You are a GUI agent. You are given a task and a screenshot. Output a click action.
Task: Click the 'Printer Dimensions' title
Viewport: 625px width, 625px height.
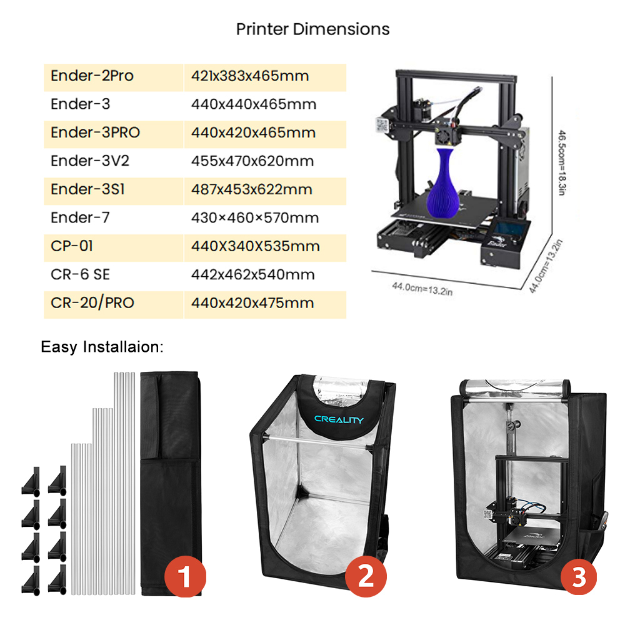pos(312,29)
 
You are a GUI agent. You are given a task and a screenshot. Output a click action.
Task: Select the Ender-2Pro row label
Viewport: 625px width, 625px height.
pos(92,76)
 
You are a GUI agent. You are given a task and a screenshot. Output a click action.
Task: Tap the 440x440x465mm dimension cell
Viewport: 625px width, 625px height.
pos(253,104)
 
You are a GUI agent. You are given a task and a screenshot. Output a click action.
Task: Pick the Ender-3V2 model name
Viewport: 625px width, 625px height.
pos(90,161)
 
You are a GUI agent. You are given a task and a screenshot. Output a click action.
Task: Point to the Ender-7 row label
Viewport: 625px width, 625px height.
pos(81,218)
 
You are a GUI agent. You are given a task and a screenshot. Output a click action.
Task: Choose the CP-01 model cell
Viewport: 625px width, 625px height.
pos(72,246)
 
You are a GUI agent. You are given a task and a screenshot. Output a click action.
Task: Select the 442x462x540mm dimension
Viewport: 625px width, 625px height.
pos(253,275)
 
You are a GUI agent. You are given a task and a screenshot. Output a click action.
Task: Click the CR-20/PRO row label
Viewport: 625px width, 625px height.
pos(92,303)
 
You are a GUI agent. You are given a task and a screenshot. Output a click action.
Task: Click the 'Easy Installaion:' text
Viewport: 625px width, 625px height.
pos(102,347)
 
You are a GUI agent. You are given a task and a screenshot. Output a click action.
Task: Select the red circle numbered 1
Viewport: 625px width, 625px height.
pos(184,578)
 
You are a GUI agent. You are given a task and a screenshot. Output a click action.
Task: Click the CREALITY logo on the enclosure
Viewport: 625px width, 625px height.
pos(338,420)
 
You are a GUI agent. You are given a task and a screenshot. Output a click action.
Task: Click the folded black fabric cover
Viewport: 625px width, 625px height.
pos(170,475)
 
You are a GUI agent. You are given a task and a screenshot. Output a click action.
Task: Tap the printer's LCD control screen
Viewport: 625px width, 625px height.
pos(510,228)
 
